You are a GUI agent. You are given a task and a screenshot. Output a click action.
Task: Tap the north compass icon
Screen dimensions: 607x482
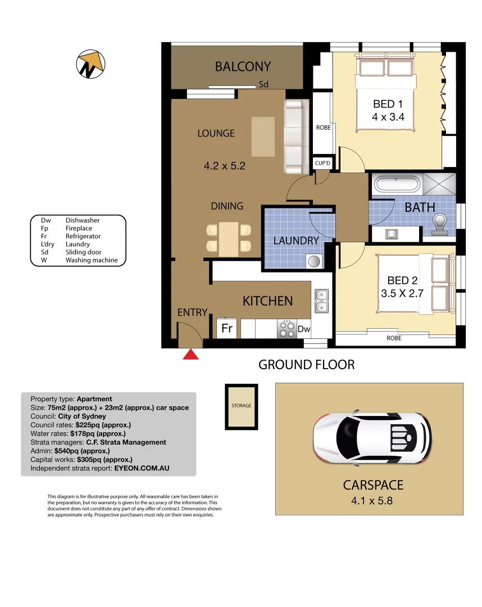[x=91, y=64]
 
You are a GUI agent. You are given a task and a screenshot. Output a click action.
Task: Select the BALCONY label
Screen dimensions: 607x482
[x=243, y=67]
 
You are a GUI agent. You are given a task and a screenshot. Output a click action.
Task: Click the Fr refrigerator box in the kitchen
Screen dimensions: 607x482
[x=227, y=328]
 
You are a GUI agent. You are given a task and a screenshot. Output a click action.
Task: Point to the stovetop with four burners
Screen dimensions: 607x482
[x=287, y=329]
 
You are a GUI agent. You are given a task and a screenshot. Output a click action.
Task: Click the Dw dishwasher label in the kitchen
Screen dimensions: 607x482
[x=304, y=329]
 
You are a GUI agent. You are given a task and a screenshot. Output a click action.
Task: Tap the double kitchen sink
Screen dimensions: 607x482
[x=322, y=301]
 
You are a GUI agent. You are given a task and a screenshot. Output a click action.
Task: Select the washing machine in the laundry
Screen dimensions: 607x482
[x=313, y=261]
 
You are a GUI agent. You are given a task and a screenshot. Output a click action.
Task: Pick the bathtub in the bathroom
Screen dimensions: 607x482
[x=396, y=184]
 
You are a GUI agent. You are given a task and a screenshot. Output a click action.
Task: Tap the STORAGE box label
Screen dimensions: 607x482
[x=242, y=405]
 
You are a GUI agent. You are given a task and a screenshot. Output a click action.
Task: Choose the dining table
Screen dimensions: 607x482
[x=229, y=237]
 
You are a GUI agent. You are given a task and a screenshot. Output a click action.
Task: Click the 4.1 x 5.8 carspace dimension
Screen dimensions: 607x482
[x=369, y=500]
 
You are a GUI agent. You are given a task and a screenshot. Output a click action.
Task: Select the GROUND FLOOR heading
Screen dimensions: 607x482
[x=306, y=364]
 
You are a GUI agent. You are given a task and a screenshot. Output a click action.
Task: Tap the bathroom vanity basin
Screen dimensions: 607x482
[x=392, y=234]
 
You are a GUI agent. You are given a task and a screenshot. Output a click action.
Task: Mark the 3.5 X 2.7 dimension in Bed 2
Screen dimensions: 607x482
[x=402, y=293]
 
